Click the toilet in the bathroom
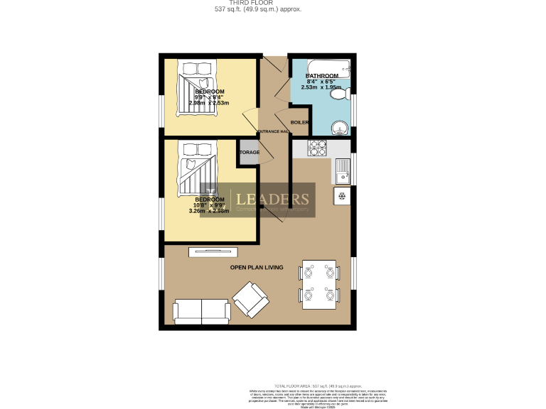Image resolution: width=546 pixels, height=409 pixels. pos(339,94)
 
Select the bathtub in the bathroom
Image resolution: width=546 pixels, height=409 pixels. pos(323,68)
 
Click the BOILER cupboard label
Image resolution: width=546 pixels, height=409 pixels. pos(299,122)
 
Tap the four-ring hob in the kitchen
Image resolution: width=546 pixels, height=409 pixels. pos(317,148)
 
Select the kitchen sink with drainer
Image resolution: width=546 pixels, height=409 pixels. pos(342,170)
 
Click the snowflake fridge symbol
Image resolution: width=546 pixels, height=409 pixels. pos(341,196)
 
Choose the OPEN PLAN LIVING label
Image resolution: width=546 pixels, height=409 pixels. pos(257,267)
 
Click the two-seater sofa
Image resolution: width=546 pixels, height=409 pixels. pos(201,310)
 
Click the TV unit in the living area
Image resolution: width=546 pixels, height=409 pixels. pos(213,251)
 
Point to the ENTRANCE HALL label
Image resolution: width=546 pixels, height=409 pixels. pos(273,132)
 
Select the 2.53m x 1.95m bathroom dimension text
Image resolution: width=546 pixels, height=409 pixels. pos(323,88)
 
